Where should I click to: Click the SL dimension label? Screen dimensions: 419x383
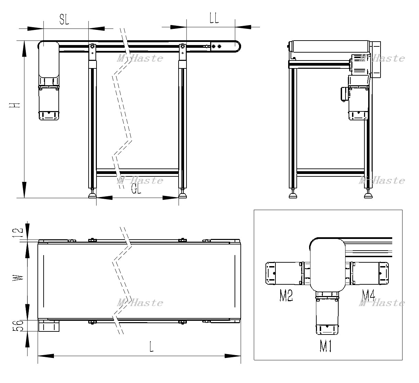click(64, 20)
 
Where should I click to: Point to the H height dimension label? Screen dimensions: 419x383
click(15, 105)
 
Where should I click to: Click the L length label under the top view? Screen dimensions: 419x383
click(151, 347)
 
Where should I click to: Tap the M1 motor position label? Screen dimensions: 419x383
click(326, 346)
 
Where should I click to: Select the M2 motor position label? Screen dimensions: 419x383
click(286, 296)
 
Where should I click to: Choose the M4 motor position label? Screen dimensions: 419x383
click(369, 295)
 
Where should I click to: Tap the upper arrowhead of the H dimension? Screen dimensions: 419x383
click(24, 48)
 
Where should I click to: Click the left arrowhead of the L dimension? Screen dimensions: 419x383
click(46, 356)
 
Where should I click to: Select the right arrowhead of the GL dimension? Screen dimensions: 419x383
click(171, 198)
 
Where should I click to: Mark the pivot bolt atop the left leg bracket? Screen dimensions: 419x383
click(92, 46)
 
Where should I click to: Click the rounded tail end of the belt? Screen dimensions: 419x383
click(238, 46)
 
